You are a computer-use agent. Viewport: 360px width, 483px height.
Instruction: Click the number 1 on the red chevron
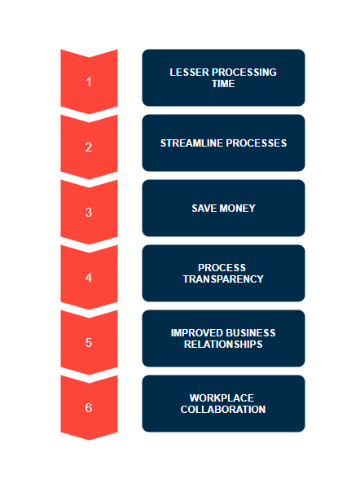[x=89, y=82]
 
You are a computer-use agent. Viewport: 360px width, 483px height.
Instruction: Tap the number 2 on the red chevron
[x=89, y=147]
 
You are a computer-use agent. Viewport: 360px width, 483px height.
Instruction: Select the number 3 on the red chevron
[x=89, y=213]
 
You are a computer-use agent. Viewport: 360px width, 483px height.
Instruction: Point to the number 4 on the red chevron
[x=89, y=278]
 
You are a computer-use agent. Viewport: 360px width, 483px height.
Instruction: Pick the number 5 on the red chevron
[x=89, y=343]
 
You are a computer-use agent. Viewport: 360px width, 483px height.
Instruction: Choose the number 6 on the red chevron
[x=89, y=408]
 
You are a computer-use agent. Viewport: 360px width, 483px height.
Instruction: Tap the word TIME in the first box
[x=223, y=83]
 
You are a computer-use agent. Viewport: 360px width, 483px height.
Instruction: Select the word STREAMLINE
[x=191, y=143]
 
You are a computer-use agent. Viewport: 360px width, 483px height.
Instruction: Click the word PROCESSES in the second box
[x=257, y=143]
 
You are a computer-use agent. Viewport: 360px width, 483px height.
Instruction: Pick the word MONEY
[x=238, y=209]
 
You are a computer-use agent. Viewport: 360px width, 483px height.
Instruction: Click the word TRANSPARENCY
[x=223, y=279]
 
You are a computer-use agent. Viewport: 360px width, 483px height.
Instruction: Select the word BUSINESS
[x=251, y=332]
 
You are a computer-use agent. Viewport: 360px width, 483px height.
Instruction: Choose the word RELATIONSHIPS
[x=223, y=344]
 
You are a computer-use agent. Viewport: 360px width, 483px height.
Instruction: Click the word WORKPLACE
[x=222, y=398]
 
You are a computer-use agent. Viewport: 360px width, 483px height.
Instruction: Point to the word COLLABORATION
[x=223, y=410]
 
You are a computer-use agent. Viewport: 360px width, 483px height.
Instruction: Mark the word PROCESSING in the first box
[x=244, y=72]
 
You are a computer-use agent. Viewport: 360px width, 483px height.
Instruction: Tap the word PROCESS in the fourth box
[x=222, y=267]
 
